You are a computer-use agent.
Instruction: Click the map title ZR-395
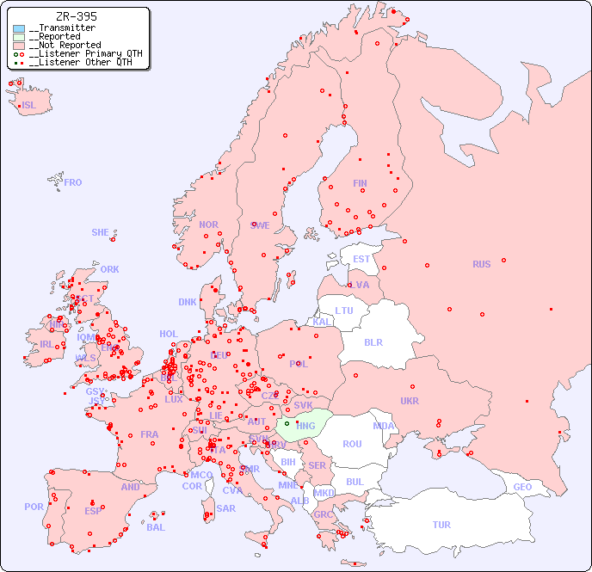pyautogui.click(x=76, y=16)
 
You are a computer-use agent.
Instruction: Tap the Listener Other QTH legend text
pyautogui.click(x=82, y=62)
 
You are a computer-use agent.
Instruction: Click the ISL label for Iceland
pyautogui.click(x=29, y=106)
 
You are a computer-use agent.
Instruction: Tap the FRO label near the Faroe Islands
pyautogui.click(x=73, y=182)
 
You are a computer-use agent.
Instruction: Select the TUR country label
pyautogui.click(x=441, y=525)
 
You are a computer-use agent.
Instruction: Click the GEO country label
pyautogui.click(x=522, y=487)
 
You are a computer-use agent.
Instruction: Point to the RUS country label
pyautogui.click(x=481, y=264)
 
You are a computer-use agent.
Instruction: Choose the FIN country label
pyautogui.click(x=360, y=183)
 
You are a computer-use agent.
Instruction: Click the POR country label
pyautogui.click(x=34, y=507)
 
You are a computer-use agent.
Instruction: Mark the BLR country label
pyautogui.click(x=373, y=341)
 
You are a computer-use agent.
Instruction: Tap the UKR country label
pyautogui.click(x=410, y=401)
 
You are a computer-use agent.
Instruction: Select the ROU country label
pyautogui.click(x=352, y=444)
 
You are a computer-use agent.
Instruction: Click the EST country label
pyautogui.click(x=361, y=259)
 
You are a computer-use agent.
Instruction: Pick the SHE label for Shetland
pyautogui.click(x=101, y=232)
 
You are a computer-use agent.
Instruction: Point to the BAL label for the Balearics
pyautogui.click(x=156, y=527)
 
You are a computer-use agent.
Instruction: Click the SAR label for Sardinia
pyautogui.click(x=225, y=508)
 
